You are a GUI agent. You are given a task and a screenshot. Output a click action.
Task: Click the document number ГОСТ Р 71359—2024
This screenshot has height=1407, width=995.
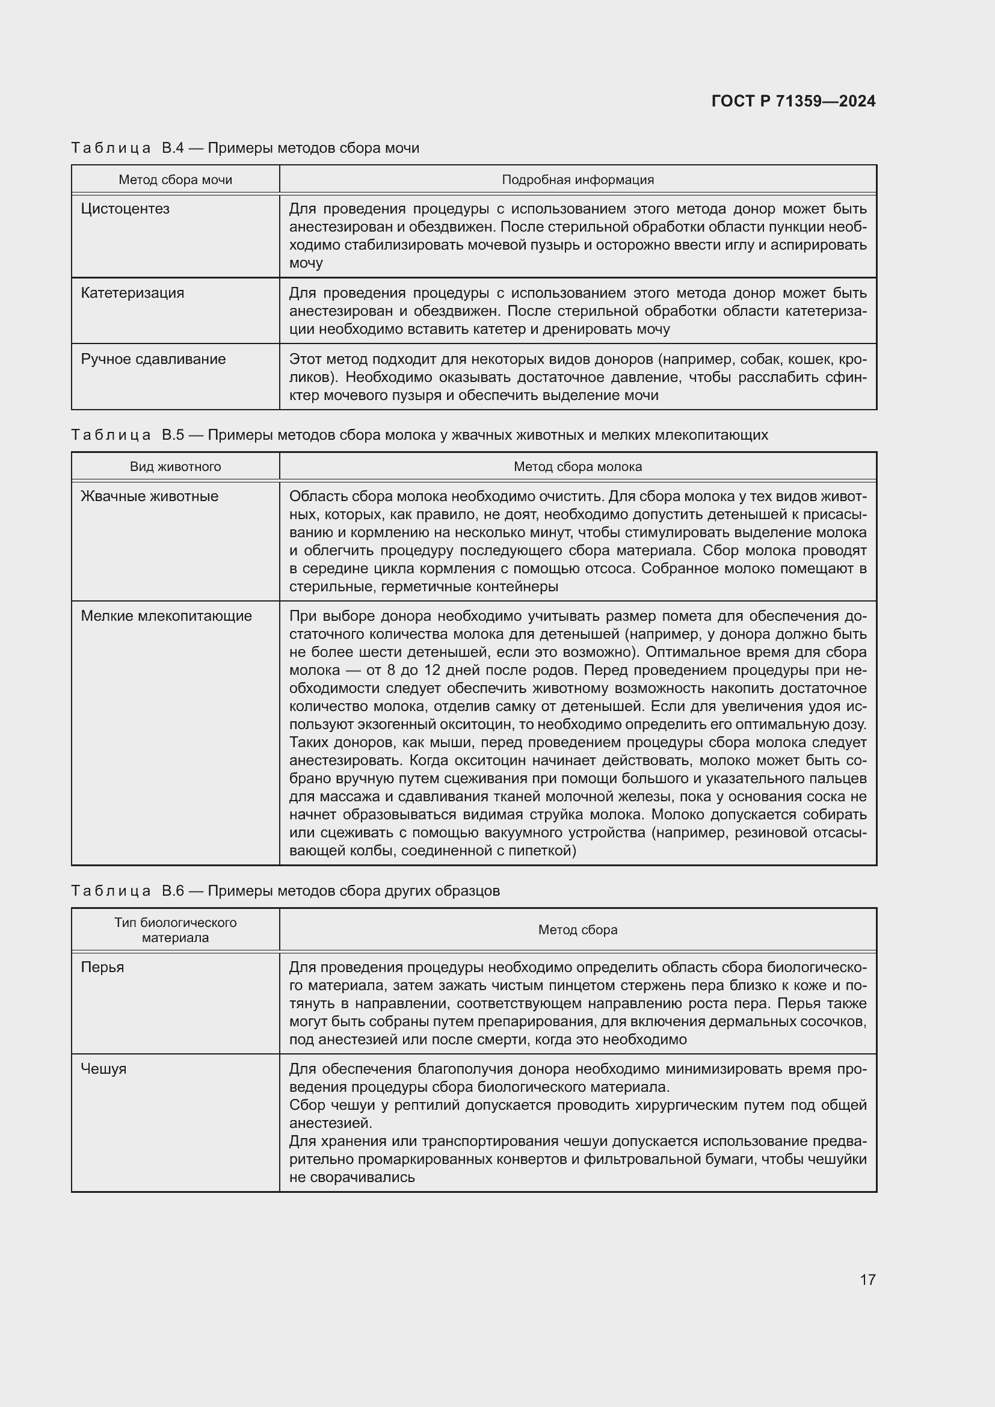tap(793, 101)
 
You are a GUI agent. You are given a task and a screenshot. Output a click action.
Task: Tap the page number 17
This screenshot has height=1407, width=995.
tap(867, 1279)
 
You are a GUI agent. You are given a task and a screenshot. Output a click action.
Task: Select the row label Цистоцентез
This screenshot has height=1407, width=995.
tap(125, 209)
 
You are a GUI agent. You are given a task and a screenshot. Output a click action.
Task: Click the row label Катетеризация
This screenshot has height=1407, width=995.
tap(132, 293)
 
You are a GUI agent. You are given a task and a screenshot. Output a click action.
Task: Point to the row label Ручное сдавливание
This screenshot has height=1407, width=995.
tap(153, 359)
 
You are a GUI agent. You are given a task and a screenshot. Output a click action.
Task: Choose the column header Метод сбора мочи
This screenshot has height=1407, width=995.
tap(175, 179)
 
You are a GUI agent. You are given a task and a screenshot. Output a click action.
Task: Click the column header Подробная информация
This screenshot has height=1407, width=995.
tap(578, 179)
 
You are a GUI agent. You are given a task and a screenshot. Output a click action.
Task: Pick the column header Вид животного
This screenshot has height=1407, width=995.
tap(175, 466)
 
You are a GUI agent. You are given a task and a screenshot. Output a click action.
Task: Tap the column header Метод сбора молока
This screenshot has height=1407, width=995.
tap(578, 466)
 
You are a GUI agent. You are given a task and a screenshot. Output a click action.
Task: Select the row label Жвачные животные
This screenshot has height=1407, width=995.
tap(150, 496)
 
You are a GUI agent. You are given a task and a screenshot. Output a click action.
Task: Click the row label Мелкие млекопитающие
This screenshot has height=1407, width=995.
tap(166, 616)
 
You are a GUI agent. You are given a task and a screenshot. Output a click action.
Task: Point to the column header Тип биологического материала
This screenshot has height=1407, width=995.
tap(175, 929)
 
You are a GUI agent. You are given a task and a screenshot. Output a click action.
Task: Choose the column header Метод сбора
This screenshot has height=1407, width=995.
tap(578, 929)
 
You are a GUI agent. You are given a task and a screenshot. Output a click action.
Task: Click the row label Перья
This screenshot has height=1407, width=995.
tap(102, 967)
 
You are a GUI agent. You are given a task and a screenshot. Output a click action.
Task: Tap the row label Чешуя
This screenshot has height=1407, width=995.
tap(103, 1069)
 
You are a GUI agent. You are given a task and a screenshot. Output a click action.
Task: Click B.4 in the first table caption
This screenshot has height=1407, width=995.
tap(173, 148)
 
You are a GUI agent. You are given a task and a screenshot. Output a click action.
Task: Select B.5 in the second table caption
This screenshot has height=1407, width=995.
tap(173, 435)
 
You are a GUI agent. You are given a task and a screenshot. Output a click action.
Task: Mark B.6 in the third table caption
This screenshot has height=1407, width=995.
tap(173, 890)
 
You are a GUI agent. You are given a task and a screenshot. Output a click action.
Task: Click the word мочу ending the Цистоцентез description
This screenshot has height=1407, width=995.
tap(306, 263)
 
